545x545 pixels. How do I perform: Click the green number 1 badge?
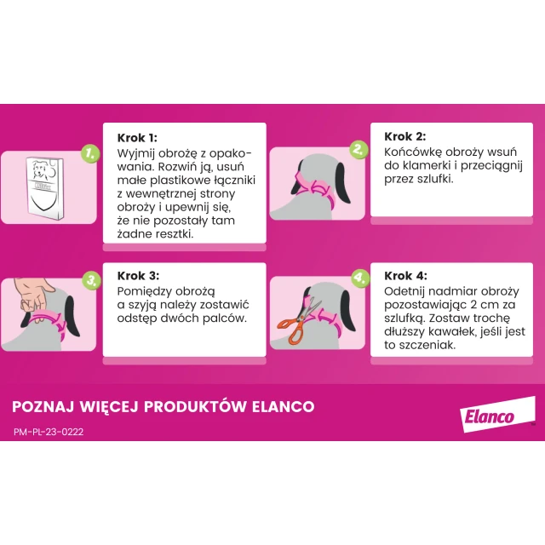coord(90,153)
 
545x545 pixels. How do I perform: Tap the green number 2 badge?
coord(359,149)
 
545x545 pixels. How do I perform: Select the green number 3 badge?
coord(91,280)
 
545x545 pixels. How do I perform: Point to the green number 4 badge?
coord(359,278)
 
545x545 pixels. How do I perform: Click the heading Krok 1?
coord(137,138)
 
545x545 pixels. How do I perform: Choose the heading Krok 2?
coord(405,136)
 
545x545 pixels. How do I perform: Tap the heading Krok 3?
coord(138,276)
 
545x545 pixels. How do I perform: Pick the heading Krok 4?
coord(405,276)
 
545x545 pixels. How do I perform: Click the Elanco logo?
coord(497,415)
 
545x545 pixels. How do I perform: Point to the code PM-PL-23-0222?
coord(49,432)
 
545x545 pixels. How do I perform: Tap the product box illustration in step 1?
coord(45,188)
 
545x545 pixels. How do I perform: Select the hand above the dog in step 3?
coord(32,294)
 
